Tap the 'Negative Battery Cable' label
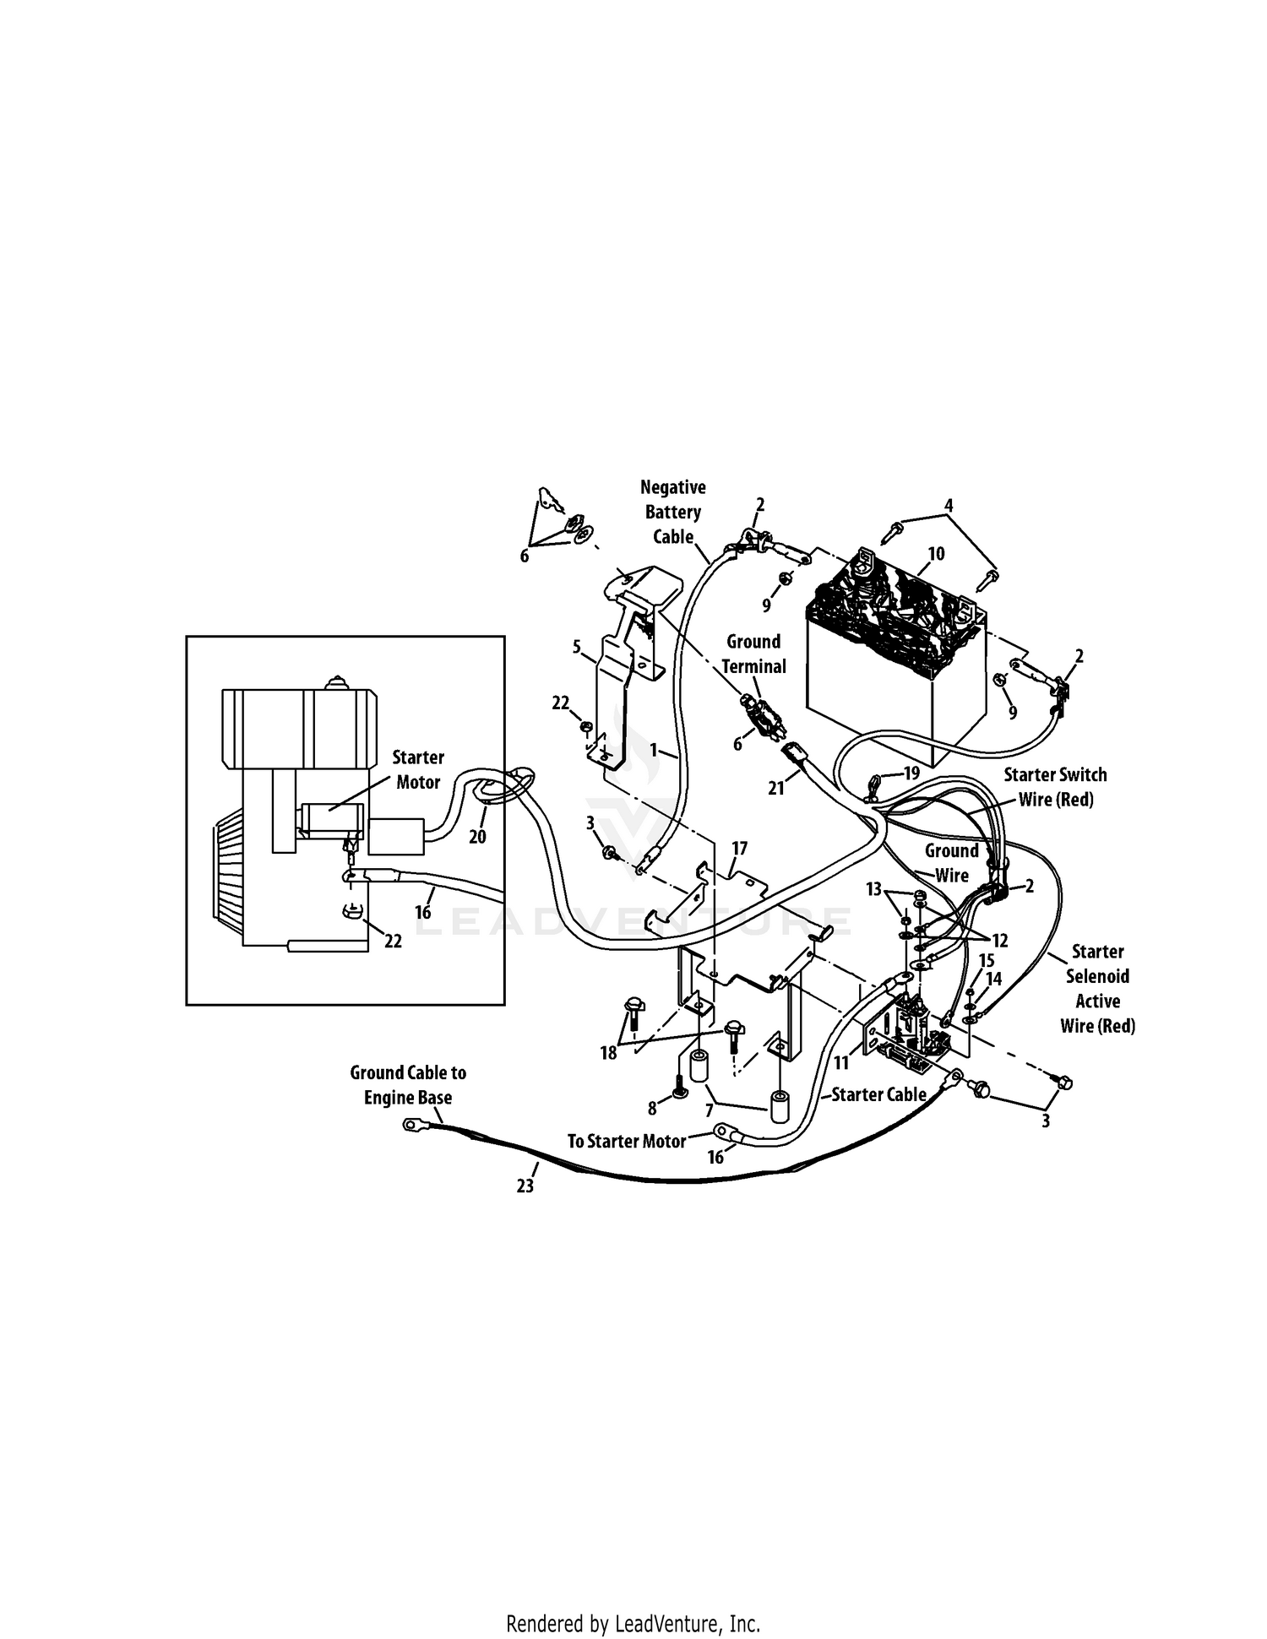click(673, 512)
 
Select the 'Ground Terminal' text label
click(753, 654)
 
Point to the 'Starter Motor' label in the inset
click(418, 769)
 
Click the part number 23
click(525, 1186)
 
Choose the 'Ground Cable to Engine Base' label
click(408, 1085)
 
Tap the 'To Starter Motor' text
click(627, 1142)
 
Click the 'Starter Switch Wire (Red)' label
click(1055, 787)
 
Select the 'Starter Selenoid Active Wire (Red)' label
click(1097, 988)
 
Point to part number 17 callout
click(740, 848)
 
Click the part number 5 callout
click(577, 648)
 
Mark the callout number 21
click(776, 788)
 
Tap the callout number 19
click(911, 773)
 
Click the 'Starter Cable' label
click(878, 1094)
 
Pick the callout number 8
click(652, 1109)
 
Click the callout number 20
click(477, 837)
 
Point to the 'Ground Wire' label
click(951, 863)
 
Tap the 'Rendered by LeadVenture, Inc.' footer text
click(633, 1623)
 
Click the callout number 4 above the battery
click(949, 506)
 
